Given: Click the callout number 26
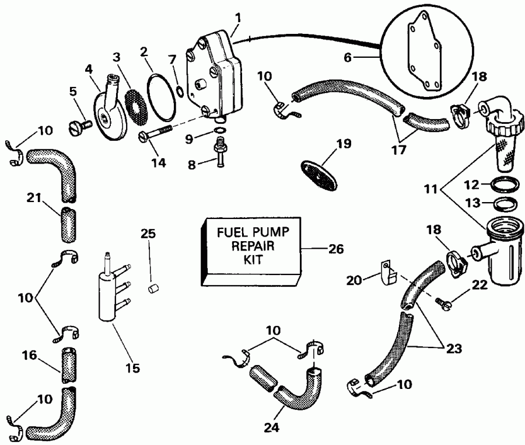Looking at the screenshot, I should click(x=332, y=248).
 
